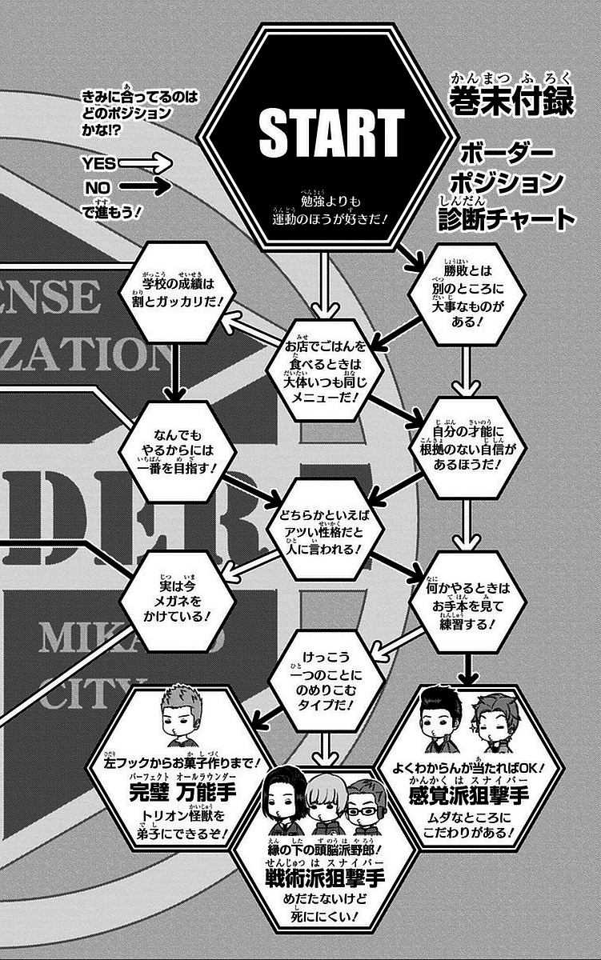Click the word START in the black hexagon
[331, 131]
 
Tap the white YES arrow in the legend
[152, 164]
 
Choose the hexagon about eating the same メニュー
[320, 370]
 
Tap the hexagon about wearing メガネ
[173, 601]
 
